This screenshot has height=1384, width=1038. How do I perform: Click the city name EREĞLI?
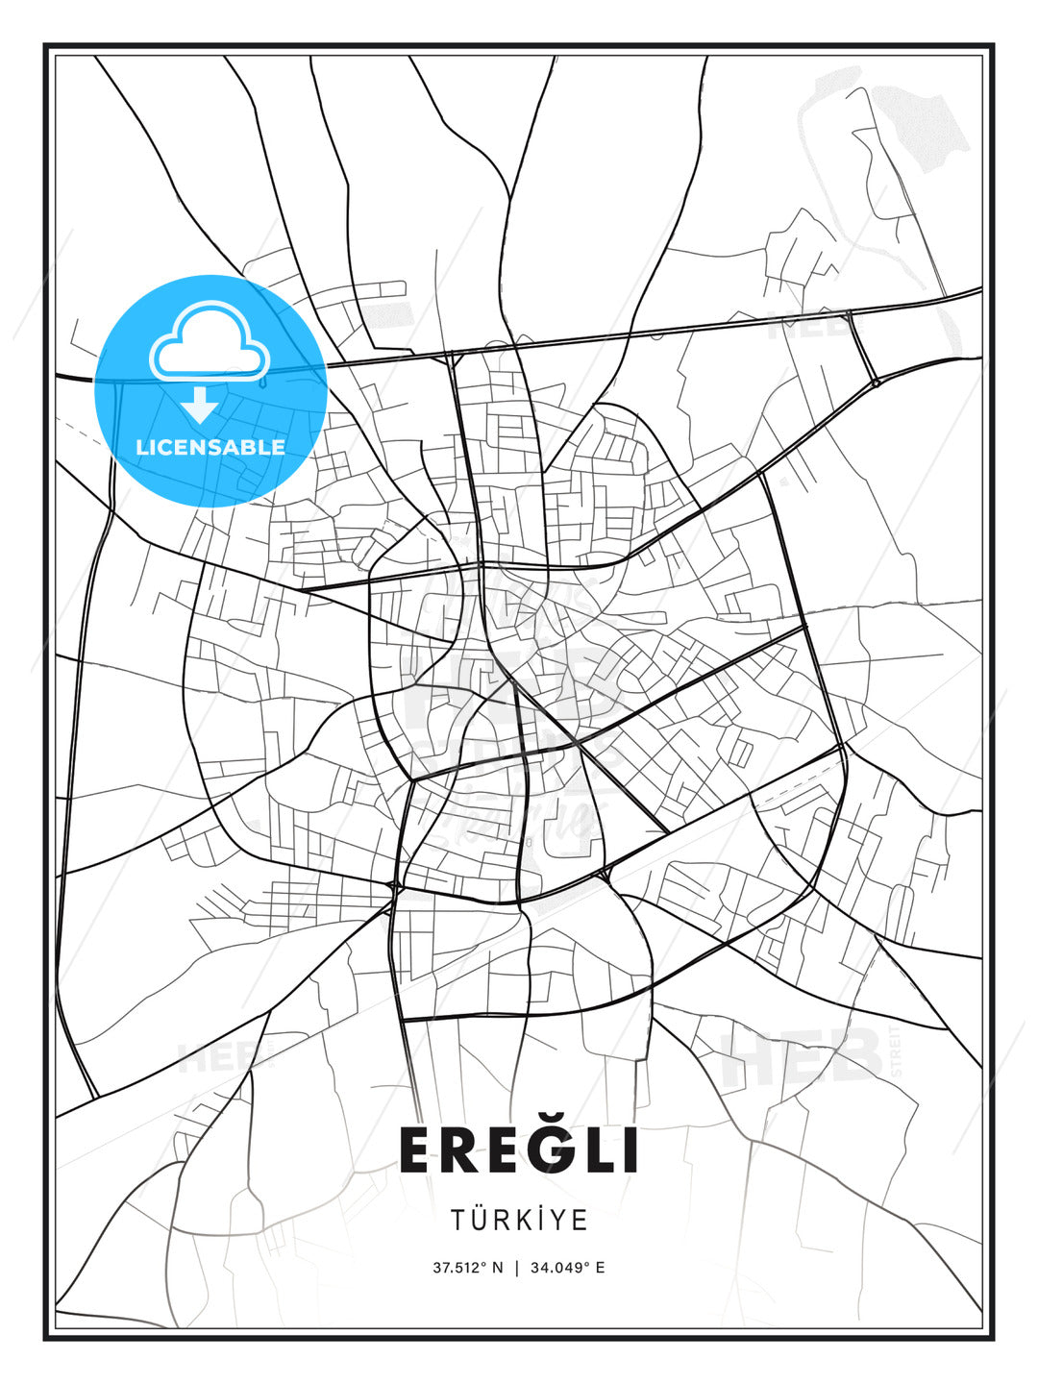coord(519,1150)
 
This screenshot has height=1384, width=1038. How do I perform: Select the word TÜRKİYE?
coord(519,1221)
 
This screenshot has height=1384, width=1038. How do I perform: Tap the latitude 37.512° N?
coord(467,1268)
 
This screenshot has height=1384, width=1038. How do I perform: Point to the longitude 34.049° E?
coord(567,1268)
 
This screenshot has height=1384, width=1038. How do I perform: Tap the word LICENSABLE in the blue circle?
coord(210,447)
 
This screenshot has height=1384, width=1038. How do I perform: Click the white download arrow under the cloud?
coord(200,405)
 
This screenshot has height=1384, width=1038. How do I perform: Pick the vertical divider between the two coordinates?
coord(517,1268)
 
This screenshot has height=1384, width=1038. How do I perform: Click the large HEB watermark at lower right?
coord(803,1057)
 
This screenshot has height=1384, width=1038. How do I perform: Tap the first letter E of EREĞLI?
coord(419,1150)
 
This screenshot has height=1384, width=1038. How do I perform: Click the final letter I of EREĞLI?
coord(630,1150)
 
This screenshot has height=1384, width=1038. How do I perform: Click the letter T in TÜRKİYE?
coord(457,1221)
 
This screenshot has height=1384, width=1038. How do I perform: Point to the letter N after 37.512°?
coord(497,1268)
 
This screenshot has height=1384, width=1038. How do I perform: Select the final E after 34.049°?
coord(601,1268)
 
